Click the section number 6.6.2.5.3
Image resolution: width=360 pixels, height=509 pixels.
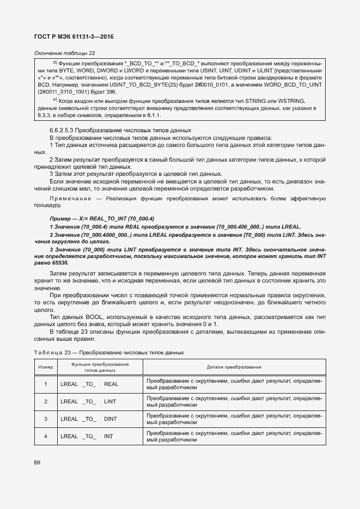64,131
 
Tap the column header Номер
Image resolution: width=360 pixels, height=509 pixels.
46,367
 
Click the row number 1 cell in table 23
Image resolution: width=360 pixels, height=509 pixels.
46,384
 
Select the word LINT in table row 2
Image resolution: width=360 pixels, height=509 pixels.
110,401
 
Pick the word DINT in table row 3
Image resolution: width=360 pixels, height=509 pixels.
110,419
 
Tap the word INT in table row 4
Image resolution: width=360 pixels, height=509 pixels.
108,436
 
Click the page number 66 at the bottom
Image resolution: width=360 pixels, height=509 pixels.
37,463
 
